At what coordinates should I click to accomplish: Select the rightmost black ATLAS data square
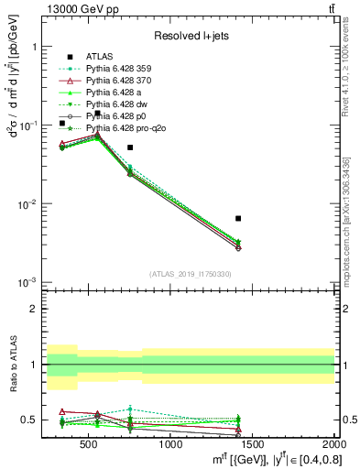click(238, 218)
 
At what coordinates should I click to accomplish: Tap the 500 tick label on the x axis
click(89, 445)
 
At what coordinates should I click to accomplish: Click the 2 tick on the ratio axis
click(38, 309)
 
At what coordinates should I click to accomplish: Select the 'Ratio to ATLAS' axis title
click(12, 364)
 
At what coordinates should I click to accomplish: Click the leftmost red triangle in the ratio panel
click(61, 411)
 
